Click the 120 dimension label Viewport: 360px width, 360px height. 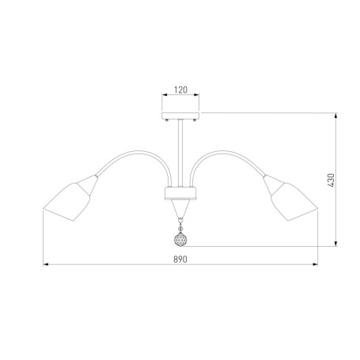(180, 90)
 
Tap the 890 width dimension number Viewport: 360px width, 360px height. (180, 260)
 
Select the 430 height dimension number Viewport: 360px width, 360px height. (331, 180)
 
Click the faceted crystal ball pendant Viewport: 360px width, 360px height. (180, 240)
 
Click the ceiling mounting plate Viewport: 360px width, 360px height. (180, 116)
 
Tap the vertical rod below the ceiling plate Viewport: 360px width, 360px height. (180, 153)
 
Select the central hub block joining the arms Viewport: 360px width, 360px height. (180, 193)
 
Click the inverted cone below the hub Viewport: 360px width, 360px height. (180, 209)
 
